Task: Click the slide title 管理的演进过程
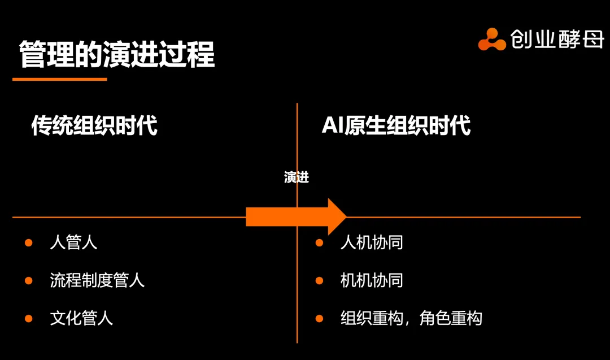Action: [x=117, y=55]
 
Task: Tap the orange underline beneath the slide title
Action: [x=59, y=79]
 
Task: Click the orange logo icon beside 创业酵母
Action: [x=491, y=40]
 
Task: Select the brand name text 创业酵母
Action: [x=557, y=39]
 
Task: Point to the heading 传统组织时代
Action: [x=94, y=125]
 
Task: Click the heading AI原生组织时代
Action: [x=396, y=125]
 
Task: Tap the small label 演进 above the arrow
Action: [x=297, y=177]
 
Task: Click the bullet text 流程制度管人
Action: [x=97, y=280]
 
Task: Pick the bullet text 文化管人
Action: [x=81, y=318]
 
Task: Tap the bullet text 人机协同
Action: [x=372, y=243]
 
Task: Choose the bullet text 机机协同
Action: [x=372, y=280]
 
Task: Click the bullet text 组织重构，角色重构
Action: [x=411, y=318]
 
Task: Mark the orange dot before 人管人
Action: [x=29, y=243]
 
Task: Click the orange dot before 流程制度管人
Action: [x=29, y=280]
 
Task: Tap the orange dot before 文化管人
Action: [x=29, y=318]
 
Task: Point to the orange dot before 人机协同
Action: [x=319, y=243]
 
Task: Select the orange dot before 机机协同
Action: [x=319, y=280]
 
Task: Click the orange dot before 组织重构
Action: [x=319, y=318]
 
